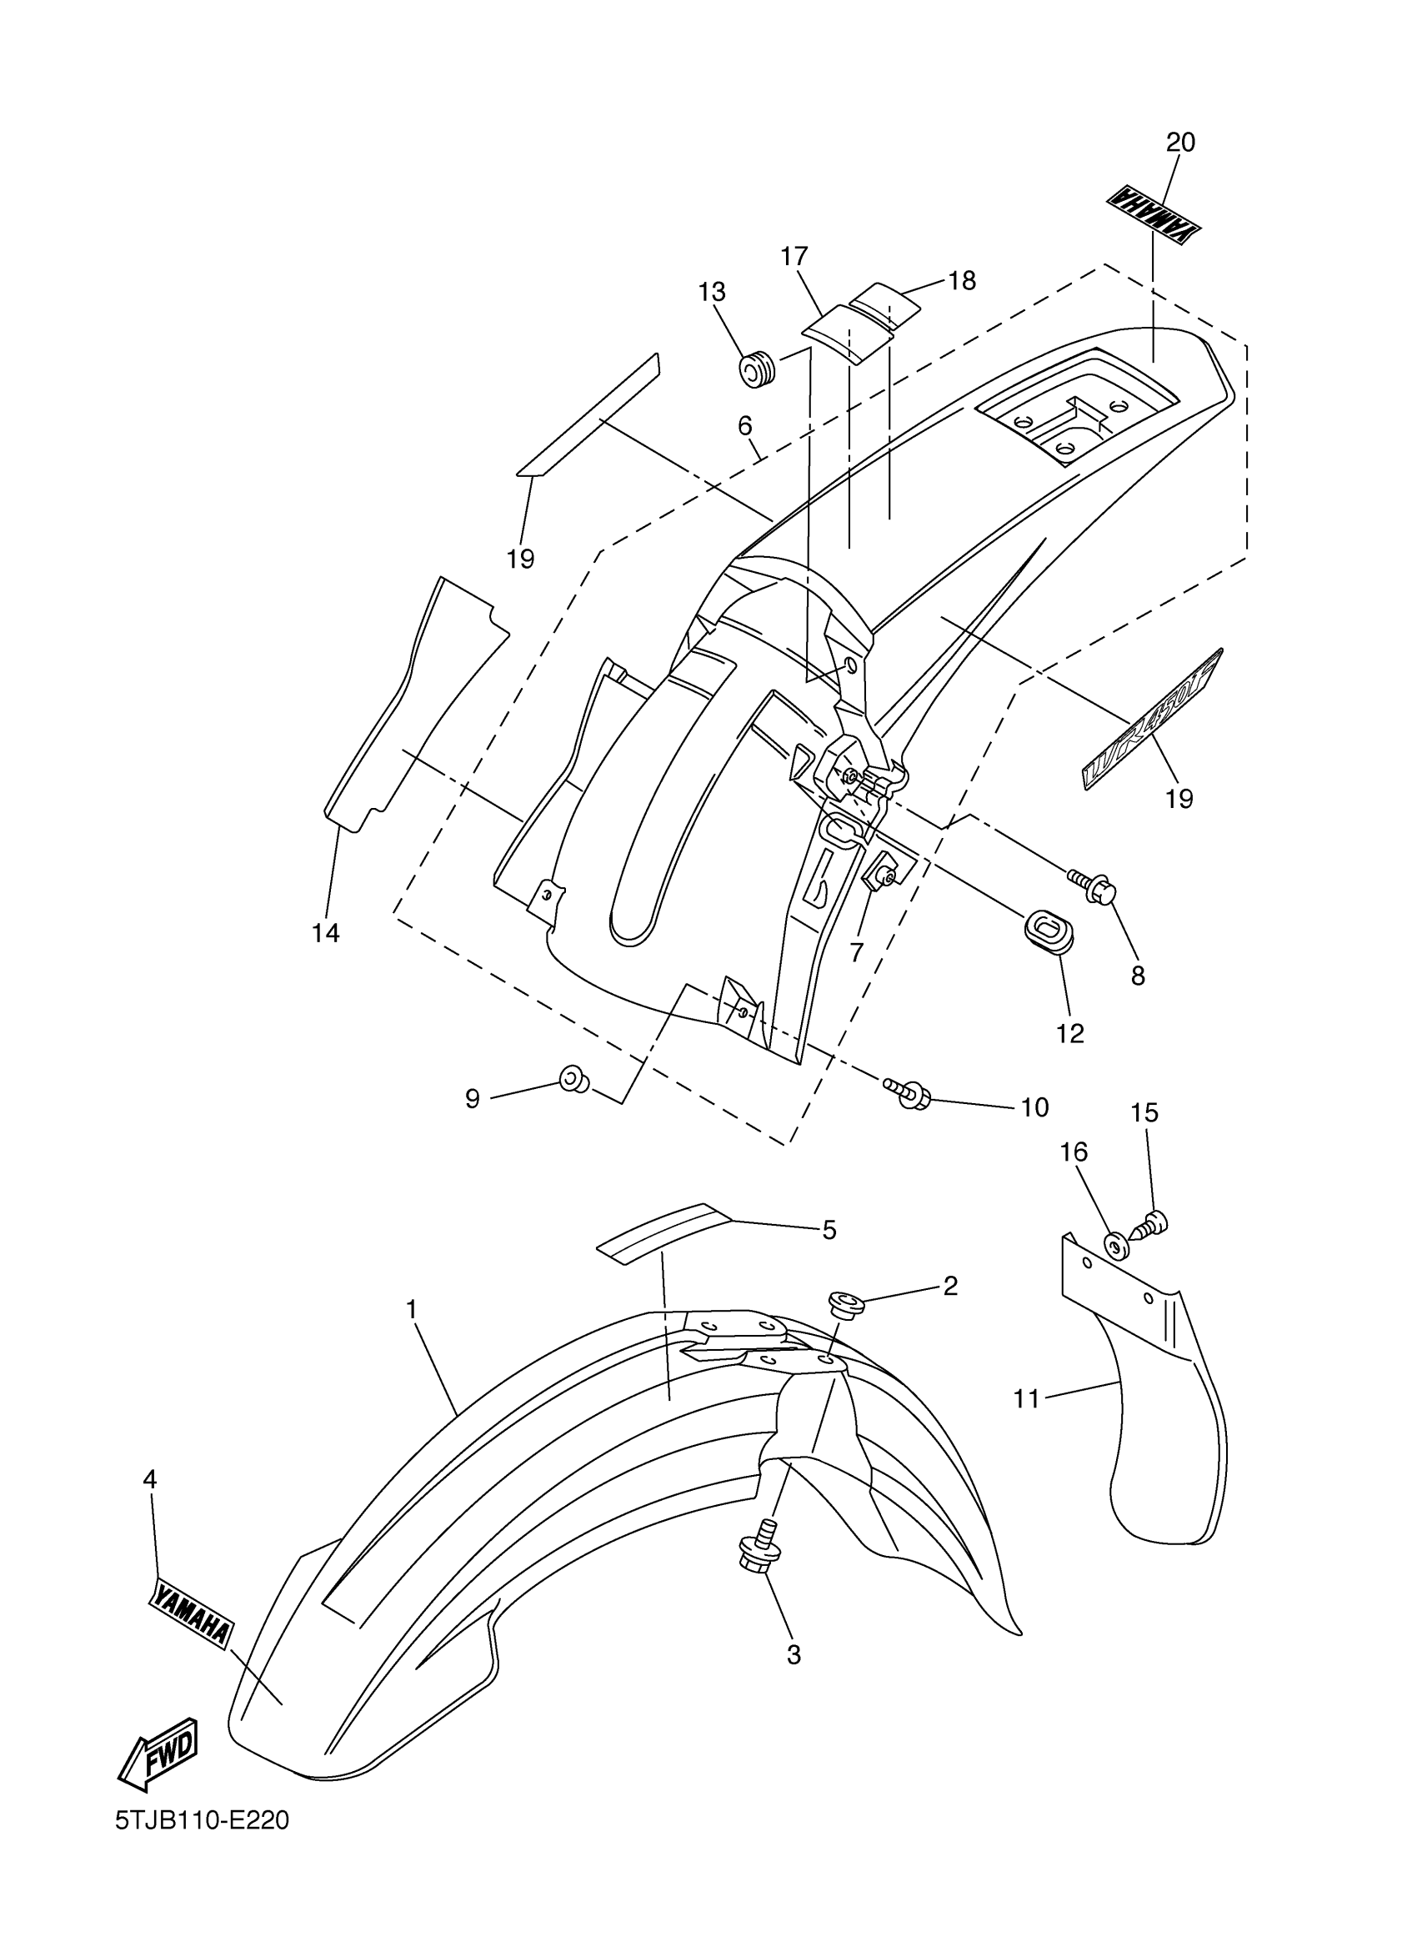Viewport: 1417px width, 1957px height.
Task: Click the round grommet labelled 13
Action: click(x=758, y=371)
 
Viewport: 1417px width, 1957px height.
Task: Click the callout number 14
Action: click(x=326, y=933)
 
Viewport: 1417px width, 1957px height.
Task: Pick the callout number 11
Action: click(x=1026, y=1398)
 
